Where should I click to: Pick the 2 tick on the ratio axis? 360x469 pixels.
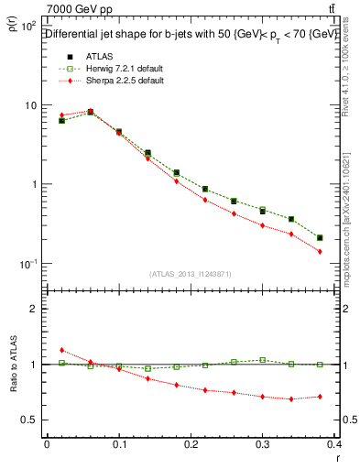(x=34, y=309)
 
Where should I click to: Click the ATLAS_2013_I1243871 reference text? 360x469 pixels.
(x=191, y=274)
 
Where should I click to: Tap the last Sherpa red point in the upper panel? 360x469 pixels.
(x=320, y=251)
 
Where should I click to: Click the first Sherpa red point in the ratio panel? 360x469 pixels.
(x=61, y=350)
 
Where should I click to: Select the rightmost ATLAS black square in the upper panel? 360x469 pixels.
(x=320, y=238)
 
